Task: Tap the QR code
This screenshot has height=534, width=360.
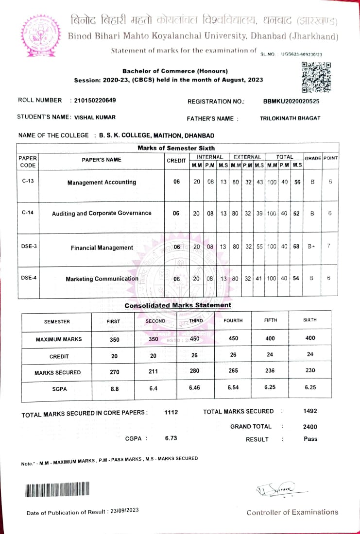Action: click(x=316, y=77)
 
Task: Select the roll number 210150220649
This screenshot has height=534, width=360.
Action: click(x=95, y=100)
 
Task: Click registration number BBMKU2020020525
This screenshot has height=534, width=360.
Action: click(x=291, y=101)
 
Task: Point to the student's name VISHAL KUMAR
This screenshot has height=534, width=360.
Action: click(x=95, y=117)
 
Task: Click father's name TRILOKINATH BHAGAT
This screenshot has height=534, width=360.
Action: click(x=291, y=118)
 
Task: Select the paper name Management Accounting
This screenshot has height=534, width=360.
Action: click(x=102, y=183)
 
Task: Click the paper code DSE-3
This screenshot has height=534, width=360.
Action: click(x=29, y=246)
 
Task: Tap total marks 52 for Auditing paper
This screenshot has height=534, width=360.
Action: click(x=296, y=213)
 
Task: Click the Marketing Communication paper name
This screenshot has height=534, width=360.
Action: click(x=102, y=279)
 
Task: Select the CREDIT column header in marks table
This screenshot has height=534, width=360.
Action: click(x=176, y=161)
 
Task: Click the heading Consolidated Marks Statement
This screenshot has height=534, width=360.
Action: click(x=178, y=305)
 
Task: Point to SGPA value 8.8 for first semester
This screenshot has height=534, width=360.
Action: click(x=115, y=389)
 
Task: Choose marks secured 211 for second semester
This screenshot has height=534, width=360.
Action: click(x=153, y=373)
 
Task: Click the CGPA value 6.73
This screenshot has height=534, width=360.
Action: click(x=171, y=438)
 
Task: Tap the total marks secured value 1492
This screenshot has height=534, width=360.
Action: click(x=309, y=411)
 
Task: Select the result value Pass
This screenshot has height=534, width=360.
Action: click(x=310, y=439)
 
